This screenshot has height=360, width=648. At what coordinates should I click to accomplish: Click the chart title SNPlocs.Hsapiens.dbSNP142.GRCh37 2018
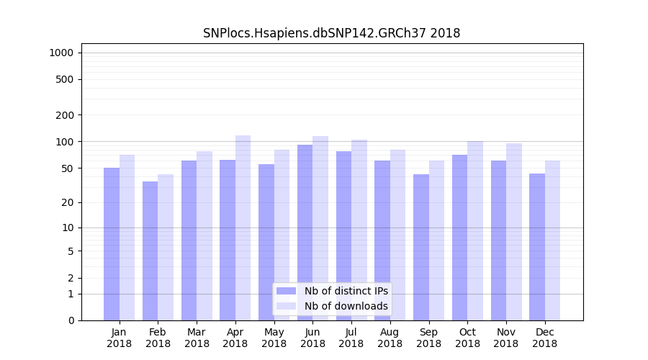click(331, 33)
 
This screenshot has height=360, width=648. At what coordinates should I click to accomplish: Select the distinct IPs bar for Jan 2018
click(112, 244)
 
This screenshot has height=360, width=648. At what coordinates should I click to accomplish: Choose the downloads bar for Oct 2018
click(475, 230)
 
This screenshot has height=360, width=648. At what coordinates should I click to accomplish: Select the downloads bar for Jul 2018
click(359, 230)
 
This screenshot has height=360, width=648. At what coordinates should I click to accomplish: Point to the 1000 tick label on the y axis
click(61, 53)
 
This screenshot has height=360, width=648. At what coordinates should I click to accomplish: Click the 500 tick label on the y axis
click(66, 79)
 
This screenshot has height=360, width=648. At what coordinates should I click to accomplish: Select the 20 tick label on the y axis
click(68, 202)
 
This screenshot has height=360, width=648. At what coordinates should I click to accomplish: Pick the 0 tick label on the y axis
click(71, 320)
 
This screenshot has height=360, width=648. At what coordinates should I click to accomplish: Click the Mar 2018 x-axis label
click(197, 338)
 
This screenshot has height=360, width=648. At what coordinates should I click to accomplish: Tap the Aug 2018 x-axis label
click(390, 338)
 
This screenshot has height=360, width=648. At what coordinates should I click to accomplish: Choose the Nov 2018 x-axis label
click(505, 338)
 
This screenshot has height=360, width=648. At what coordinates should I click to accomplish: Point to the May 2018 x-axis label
click(274, 338)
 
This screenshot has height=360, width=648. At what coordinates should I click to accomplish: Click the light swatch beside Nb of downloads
click(286, 306)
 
